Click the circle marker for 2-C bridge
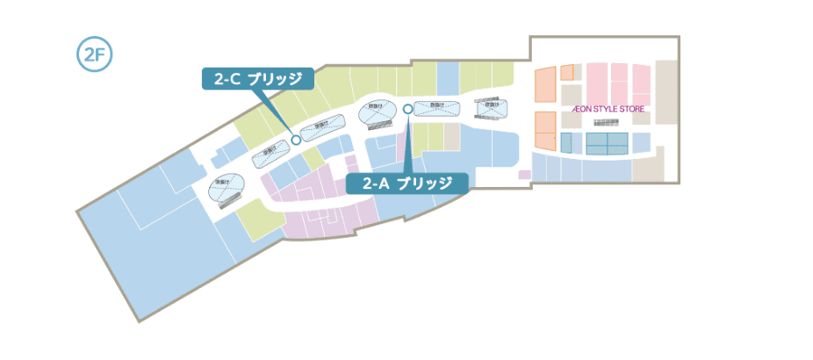click(x=296, y=139)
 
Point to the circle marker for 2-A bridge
click(x=407, y=109)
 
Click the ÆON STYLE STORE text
click(x=608, y=109)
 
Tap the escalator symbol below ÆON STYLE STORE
click(x=607, y=123)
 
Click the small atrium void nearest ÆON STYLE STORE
click(x=492, y=106)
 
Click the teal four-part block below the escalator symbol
click(x=607, y=143)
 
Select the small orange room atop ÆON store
click(x=566, y=72)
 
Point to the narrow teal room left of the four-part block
click(x=566, y=143)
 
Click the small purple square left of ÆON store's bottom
click(x=524, y=175)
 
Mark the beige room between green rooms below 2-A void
click(x=451, y=136)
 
